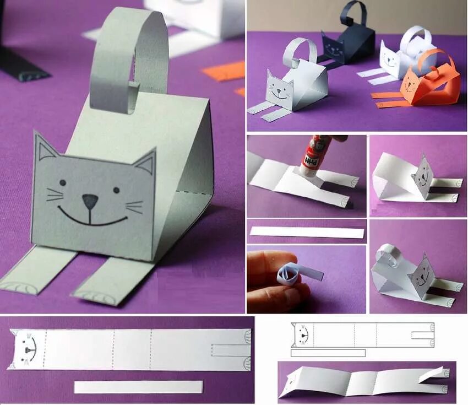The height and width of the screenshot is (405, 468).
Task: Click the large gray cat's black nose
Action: click(89, 201)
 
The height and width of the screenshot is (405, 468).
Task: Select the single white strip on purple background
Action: click(307, 232)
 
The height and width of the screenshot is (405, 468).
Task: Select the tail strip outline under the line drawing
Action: click(328, 353)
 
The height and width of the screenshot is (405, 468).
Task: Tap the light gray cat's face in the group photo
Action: click(279, 89)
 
